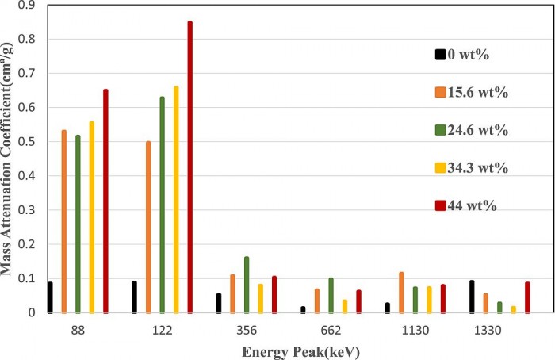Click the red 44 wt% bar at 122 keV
[x=189, y=167]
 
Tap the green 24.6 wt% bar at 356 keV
[x=246, y=285]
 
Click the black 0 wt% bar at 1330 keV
[x=471, y=297]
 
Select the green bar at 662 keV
[x=331, y=295]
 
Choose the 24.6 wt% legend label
[x=479, y=130]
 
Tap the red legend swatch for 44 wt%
[x=440, y=205]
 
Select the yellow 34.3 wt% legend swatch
[x=440, y=167]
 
